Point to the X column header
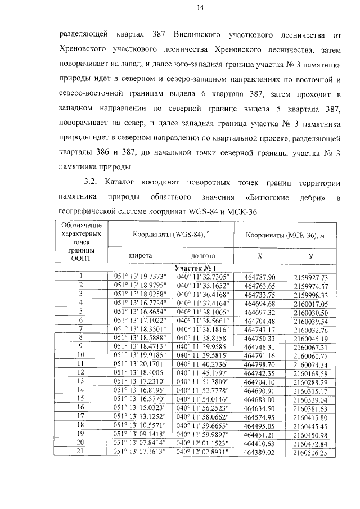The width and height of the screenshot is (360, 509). click(x=259, y=255)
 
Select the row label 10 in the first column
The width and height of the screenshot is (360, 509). click(x=81, y=355)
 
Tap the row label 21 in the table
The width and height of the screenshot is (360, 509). click(x=81, y=452)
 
